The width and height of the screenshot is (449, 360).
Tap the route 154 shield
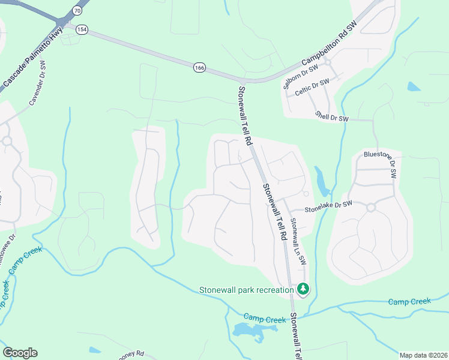pos(82,30)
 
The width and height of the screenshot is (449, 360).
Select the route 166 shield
pos(199,68)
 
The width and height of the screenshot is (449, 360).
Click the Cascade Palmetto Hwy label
pos(34,59)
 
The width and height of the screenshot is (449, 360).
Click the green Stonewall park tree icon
pos(304,290)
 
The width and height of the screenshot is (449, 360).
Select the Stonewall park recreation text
pos(246,290)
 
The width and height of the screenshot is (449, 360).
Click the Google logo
pos(20,352)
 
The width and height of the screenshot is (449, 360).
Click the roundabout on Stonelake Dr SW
pos(370,208)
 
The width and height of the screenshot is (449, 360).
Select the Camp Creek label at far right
pos(409,302)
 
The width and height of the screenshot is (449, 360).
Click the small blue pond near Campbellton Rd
pos(414,86)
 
